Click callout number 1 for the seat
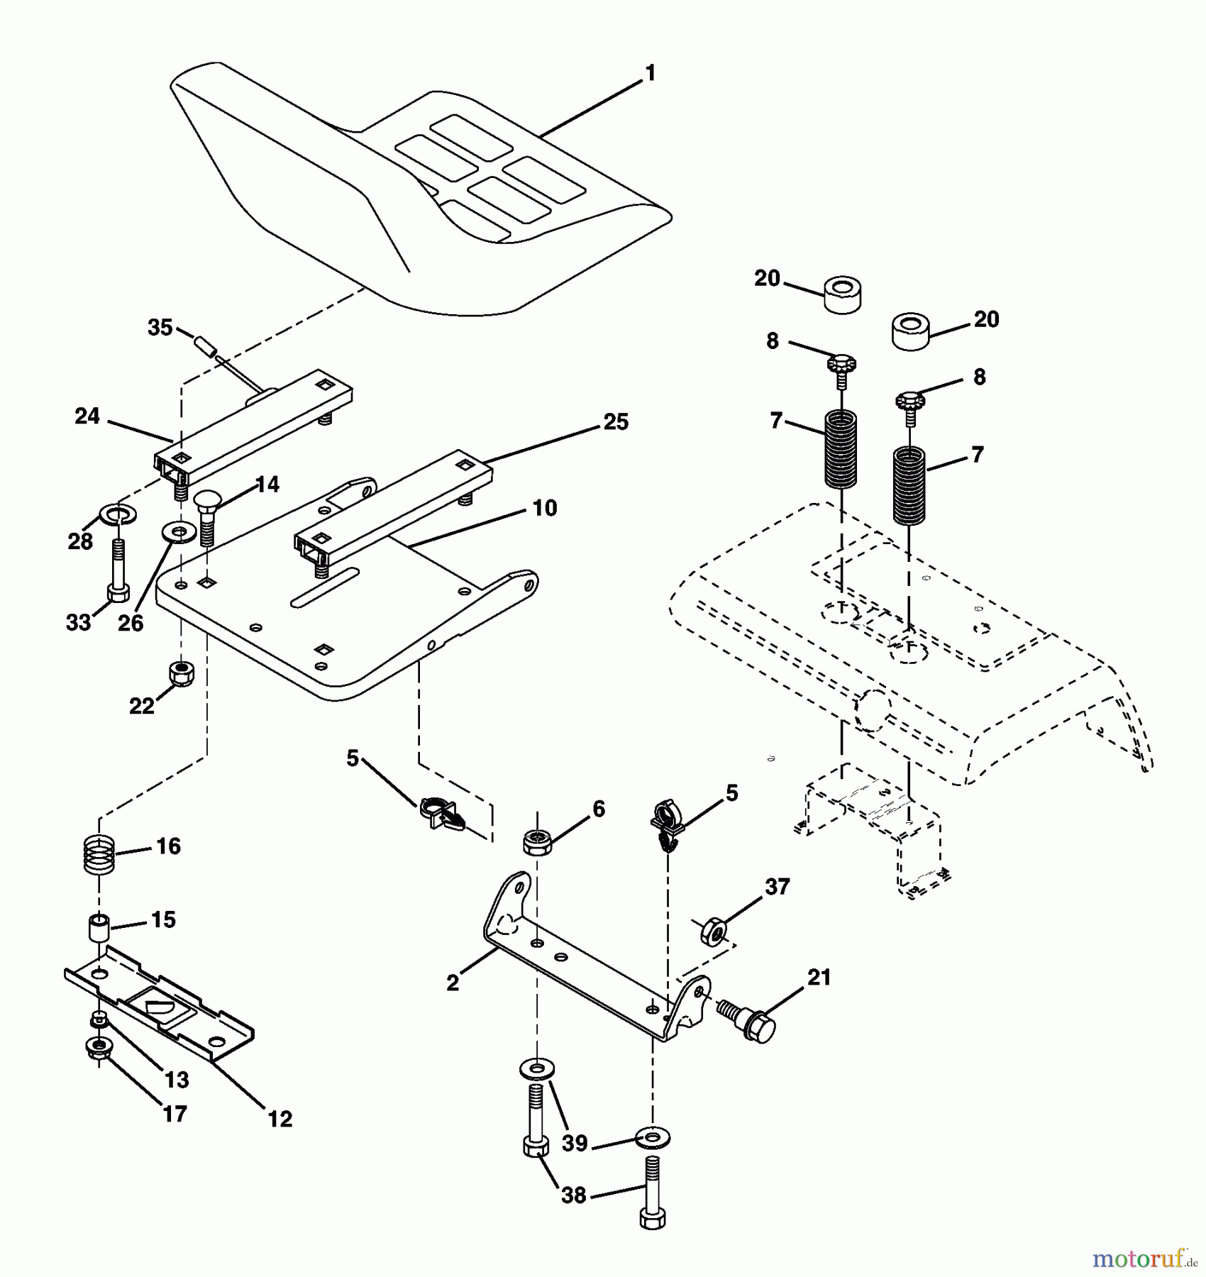[650, 74]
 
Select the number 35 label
[160, 328]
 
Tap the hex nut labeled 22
[183, 673]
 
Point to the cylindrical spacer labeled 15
[99, 928]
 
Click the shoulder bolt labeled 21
[748, 1022]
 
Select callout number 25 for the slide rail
[615, 422]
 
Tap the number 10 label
[545, 508]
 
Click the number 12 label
[280, 1119]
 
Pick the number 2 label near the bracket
[453, 983]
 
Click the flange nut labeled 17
[97, 1048]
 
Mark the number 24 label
[87, 416]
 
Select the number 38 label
[574, 1195]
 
